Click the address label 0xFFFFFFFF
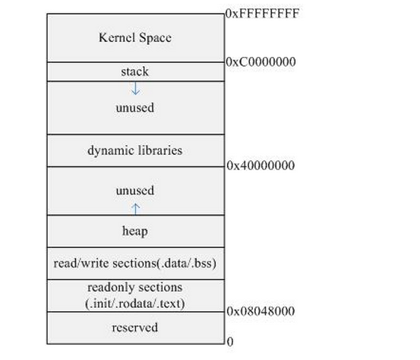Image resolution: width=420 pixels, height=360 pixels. (x=262, y=14)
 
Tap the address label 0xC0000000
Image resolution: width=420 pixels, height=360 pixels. (x=261, y=62)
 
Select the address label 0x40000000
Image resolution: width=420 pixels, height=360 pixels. (x=261, y=166)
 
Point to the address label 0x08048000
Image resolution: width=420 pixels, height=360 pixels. (x=261, y=311)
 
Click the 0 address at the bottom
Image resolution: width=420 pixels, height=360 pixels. (x=230, y=342)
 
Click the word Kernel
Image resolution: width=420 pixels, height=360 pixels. (x=116, y=37)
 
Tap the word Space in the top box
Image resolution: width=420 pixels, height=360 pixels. (x=156, y=38)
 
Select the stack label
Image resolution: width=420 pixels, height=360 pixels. (x=134, y=71)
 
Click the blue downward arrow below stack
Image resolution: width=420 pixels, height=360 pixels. (x=135, y=88)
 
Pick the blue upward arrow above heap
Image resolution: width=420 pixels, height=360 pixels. (x=135, y=209)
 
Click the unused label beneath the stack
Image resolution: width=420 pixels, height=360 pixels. (x=135, y=108)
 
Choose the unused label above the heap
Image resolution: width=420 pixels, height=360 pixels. (x=135, y=191)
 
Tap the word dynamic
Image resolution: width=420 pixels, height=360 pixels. (x=111, y=150)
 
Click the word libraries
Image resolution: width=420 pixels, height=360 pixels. (x=160, y=150)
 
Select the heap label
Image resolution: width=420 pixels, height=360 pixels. (x=135, y=231)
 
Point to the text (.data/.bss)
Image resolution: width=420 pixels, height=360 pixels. (x=186, y=264)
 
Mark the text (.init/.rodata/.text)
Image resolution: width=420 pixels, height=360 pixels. (x=135, y=304)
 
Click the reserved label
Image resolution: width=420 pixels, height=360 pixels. (x=134, y=327)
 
